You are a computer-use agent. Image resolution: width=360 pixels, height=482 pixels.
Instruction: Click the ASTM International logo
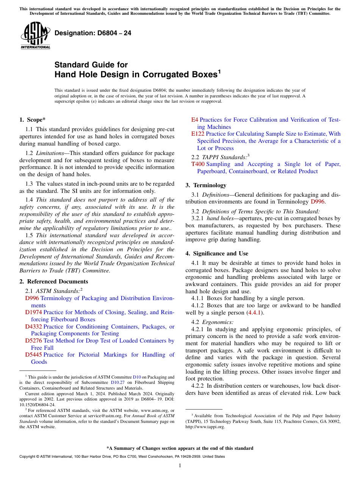click(x=35, y=36)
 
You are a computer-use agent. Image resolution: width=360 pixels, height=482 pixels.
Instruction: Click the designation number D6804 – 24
click(x=93, y=33)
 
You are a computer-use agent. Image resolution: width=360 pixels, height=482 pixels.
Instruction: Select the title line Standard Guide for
click(x=91, y=65)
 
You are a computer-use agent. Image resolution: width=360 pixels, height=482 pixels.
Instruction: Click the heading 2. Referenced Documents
click(x=54, y=282)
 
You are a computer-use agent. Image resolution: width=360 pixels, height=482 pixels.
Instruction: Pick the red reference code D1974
click(x=33, y=313)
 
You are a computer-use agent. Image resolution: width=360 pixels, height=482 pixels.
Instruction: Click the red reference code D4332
click(x=33, y=327)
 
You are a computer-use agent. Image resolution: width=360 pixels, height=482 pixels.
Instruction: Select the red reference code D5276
click(x=33, y=341)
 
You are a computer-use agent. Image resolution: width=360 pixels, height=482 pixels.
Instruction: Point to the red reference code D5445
click(x=33, y=355)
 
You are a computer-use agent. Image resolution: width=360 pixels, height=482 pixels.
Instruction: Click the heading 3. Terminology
click(x=206, y=185)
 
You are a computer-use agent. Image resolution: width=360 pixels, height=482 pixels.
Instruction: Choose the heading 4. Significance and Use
click(x=217, y=254)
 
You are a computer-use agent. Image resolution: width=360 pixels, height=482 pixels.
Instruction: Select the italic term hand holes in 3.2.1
click(x=218, y=219)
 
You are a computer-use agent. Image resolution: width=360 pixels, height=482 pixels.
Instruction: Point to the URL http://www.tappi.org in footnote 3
click(x=205, y=427)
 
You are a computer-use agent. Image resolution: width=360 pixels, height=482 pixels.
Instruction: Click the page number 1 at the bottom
click(x=180, y=465)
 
